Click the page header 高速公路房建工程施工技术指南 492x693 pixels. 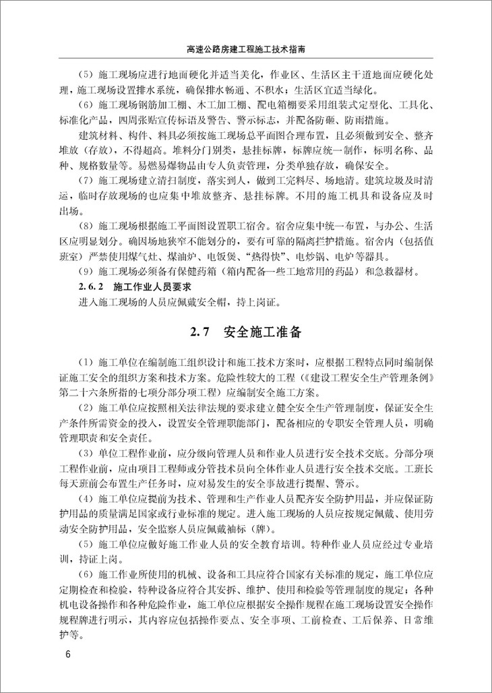(246, 50)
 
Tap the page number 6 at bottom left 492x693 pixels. (67, 655)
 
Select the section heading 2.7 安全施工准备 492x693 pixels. (245, 332)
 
